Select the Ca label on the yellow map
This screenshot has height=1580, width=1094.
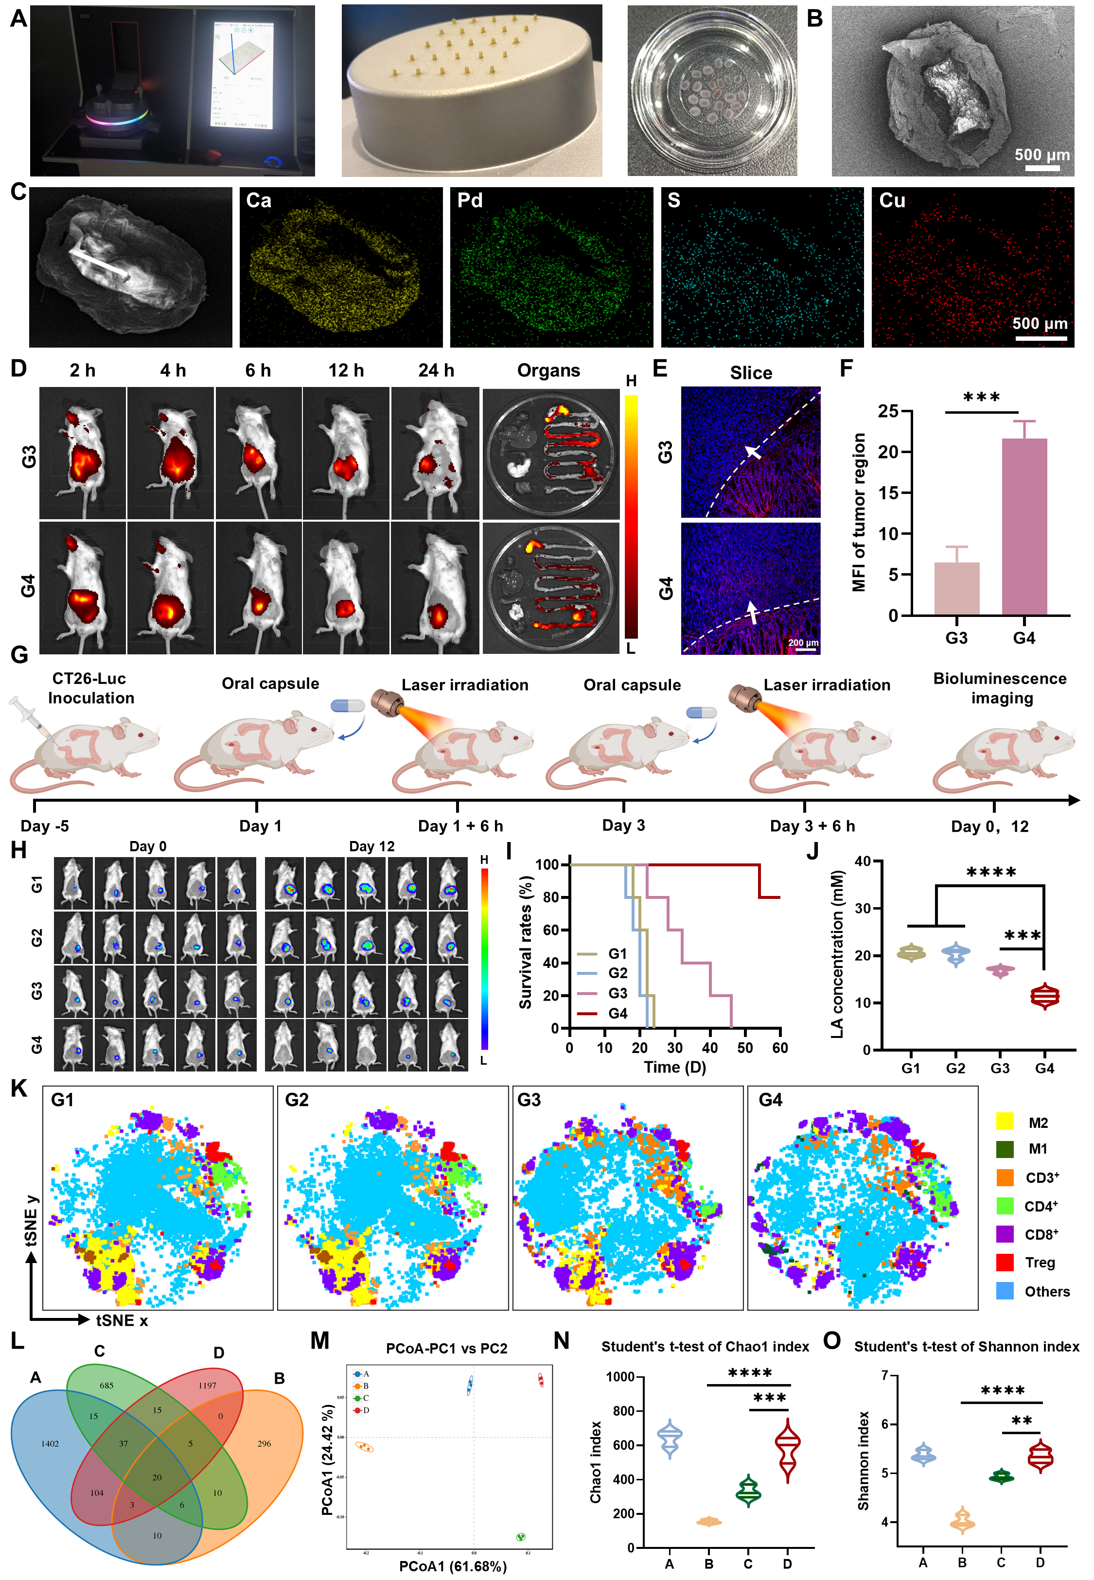coord(258,201)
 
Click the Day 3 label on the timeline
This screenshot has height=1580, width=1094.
coord(623,825)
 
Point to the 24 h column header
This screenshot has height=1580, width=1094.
coord(436,370)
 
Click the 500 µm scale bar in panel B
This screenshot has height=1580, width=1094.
coord(1042,167)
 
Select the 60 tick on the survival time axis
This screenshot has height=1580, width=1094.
coord(780,1048)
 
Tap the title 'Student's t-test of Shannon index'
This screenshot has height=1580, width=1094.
coord(966,1346)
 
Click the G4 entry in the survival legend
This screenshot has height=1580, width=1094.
coord(617,1013)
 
